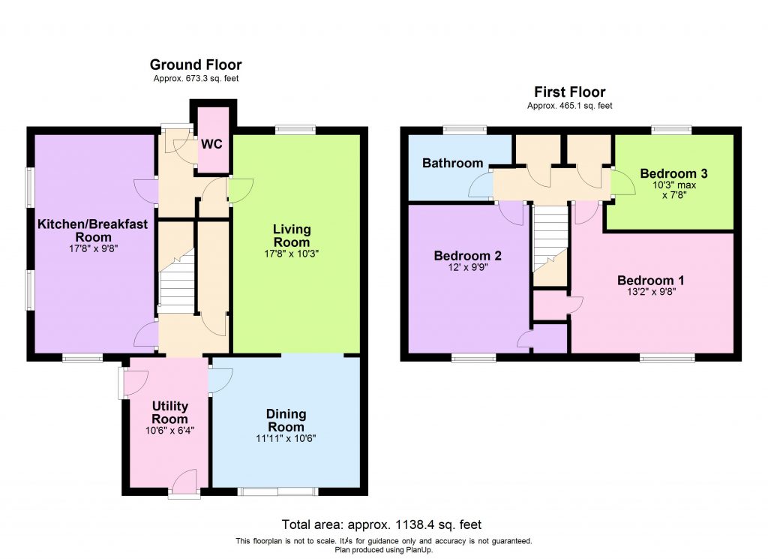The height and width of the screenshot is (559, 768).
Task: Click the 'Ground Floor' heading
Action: (x=196, y=65)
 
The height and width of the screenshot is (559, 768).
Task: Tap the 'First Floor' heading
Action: (x=569, y=92)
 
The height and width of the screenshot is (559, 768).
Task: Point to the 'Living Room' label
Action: (x=291, y=236)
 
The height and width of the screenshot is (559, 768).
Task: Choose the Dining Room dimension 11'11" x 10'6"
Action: (x=286, y=439)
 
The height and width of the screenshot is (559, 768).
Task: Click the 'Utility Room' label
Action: (x=169, y=413)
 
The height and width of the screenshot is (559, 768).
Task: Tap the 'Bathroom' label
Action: (x=452, y=163)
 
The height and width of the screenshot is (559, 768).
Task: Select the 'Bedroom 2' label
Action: (x=467, y=256)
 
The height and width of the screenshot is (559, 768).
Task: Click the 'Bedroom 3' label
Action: (x=673, y=173)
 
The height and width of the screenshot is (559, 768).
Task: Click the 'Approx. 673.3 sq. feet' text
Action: (x=196, y=79)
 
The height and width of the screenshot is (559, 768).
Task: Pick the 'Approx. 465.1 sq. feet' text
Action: (x=569, y=106)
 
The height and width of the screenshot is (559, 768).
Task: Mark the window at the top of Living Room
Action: (x=295, y=129)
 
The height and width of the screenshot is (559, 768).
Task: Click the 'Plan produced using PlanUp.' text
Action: (x=383, y=549)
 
